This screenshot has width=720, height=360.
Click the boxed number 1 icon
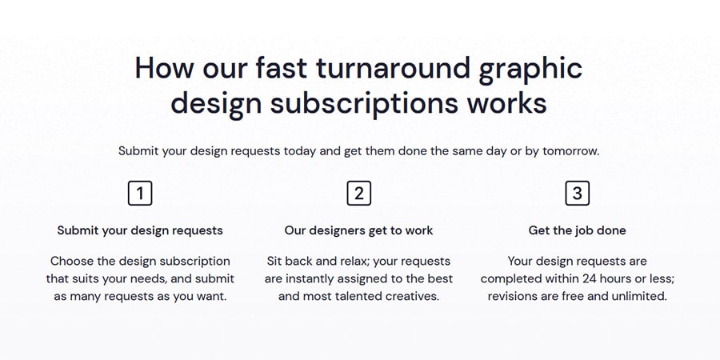[140, 194]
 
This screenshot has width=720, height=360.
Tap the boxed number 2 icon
[359, 194]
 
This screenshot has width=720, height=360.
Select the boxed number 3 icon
[577, 194]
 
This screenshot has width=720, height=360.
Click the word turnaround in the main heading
[393, 67]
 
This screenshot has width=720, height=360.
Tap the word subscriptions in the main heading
[364, 104]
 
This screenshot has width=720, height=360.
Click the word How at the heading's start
[166, 67]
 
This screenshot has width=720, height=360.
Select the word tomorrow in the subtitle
[570, 151]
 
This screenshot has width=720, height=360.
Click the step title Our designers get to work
[358, 230]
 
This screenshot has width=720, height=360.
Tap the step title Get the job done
[577, 230]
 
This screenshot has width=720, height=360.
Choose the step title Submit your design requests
[140, 230]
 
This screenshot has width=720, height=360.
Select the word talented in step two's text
[361, 296]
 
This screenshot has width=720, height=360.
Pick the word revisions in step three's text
[510, 296]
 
